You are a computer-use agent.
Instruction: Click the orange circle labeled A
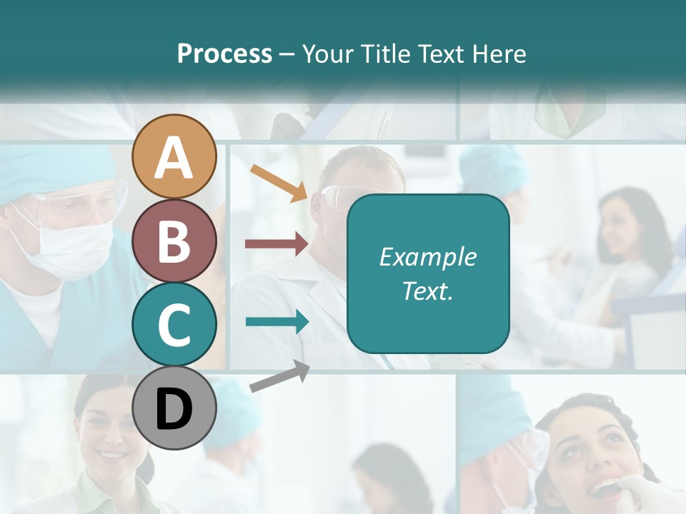pyautogui.click(x=174, y=156)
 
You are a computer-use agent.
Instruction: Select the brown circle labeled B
pyautogui.click(x=174, y=241)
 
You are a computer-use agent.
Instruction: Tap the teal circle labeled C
pyautogui.click(x=174, y=324)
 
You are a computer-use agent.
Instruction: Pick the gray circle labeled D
pyautogui.click(x=174, y=408)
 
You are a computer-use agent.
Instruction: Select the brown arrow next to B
pyautogui.click(x=277, y=244)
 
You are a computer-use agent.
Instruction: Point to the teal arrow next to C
pyautogui.click(x=277, y=321)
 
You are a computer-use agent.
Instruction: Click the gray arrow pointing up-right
pyautogui.click(x=279, y=376)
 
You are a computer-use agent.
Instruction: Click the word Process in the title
pyautogui.click(x=224, y=54)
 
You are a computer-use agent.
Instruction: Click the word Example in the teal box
pyautogui.click(x=428, y=257)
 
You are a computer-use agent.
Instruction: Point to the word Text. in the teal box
pyautogui.click(x=428, y=291)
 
